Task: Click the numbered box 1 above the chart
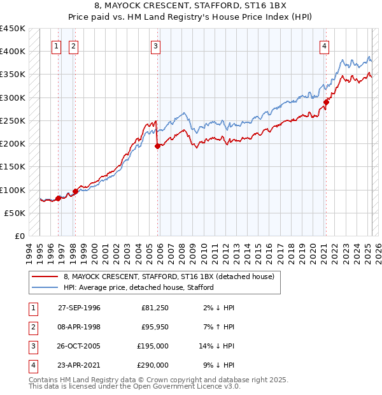[x=57, y=46]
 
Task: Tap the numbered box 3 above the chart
[x=155, y=46]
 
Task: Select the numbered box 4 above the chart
[x=325, y=46]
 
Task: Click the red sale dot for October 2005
[x=157, y=146]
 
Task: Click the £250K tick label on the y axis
[x=13, y=120]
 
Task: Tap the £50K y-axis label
[x=15, y=213]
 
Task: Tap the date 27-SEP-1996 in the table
[x=79, y=308]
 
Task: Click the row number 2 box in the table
[x=32, y=327]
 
